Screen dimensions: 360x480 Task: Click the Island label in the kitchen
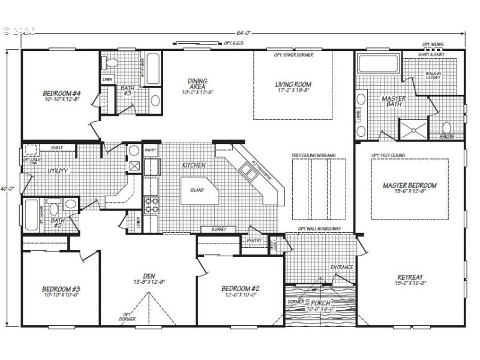pyautogui.click(x=196, y=191)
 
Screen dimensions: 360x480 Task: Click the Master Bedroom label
pyautogui.click(x=409, y=185)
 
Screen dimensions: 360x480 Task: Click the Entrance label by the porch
pyautogui.click(x=341, y=267)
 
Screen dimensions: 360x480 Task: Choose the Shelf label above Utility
pyautogui.click(x=58, y=147)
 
